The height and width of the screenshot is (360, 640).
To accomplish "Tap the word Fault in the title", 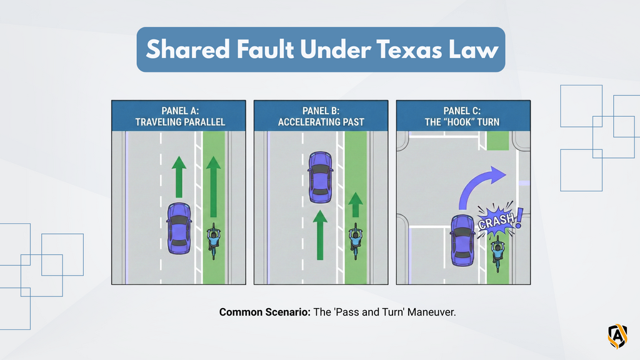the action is coord(265,49).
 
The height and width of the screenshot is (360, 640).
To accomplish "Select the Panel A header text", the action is coord(180,116).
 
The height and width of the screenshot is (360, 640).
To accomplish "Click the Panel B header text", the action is coord(321,116).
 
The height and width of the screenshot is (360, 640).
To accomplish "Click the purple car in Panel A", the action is coord(179,229).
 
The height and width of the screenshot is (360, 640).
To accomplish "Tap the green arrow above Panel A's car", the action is coord(179,177).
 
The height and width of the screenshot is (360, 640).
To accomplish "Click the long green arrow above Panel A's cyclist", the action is coord(214,186).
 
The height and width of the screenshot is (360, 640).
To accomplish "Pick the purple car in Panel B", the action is coord(321,177).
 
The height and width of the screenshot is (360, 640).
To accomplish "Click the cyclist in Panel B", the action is coord(356,241).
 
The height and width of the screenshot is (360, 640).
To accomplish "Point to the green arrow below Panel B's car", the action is coord(321,235).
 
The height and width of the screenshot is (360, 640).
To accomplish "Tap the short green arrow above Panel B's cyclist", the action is coord(356,204).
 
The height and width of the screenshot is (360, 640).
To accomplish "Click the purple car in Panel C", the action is coord(462,241).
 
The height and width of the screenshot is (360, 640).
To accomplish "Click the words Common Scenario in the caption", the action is coord(265,312).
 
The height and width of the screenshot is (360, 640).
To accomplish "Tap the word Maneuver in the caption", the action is coord(431,312).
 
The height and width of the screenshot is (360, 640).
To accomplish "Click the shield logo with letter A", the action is coord(617,336).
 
